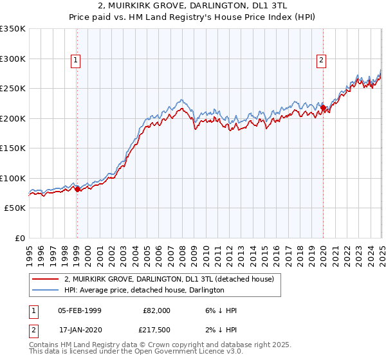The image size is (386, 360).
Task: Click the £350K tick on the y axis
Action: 12,29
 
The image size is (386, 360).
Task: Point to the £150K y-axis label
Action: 12,148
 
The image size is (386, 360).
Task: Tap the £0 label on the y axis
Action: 19,238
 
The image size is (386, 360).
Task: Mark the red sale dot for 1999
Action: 77,189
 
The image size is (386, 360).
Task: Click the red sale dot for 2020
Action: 323,108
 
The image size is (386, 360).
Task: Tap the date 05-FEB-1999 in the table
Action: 79,310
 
